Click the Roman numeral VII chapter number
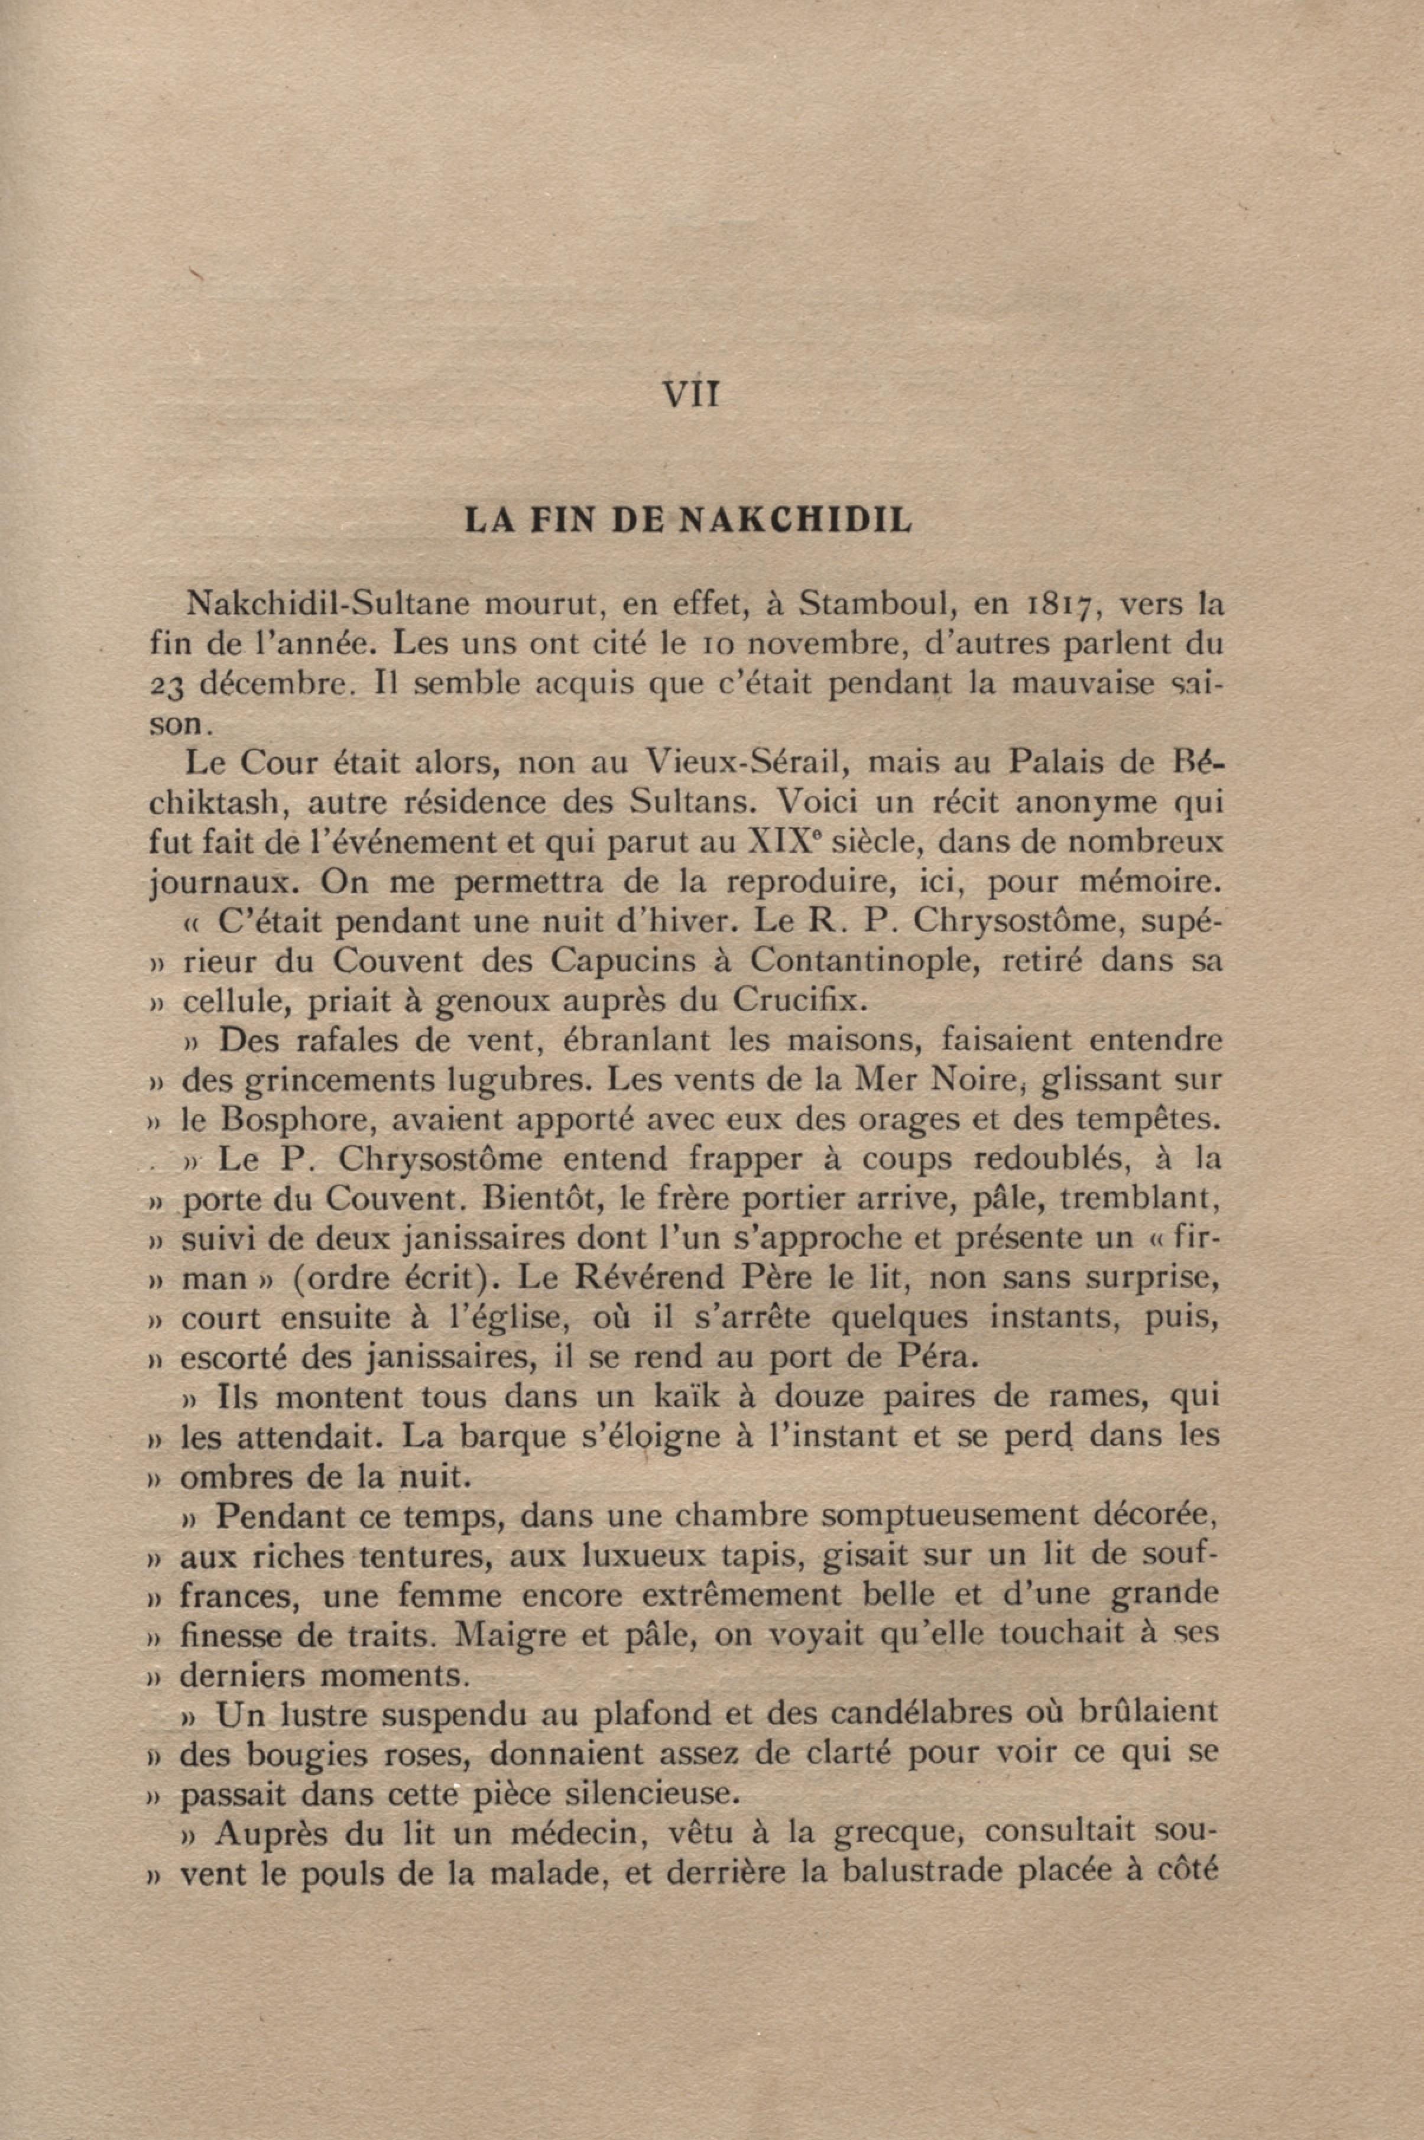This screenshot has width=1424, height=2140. pos(690,394)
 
